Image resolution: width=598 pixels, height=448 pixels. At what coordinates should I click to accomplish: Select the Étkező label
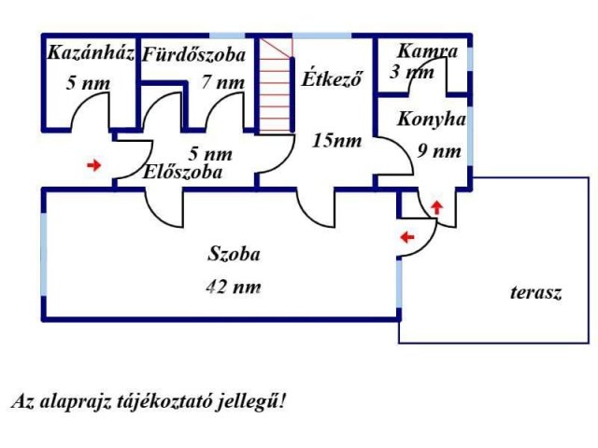point(331,77)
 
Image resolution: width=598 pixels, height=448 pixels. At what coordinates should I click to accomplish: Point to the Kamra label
point(427,50)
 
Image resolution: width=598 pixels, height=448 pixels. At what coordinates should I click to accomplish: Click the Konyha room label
point(431,119)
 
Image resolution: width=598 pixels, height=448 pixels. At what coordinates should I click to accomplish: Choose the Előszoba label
point(182,172)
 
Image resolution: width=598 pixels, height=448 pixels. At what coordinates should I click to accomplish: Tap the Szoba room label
point(234,253)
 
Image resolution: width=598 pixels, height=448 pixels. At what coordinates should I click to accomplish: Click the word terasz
point(535,292)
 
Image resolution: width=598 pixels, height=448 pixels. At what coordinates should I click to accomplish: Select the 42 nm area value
point(233,287)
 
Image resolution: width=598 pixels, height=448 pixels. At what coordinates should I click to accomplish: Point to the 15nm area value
point(336,141)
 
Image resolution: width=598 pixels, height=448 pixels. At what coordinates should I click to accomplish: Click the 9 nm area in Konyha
point(439,150)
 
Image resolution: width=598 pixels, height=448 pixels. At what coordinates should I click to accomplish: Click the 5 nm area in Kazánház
point(88,83)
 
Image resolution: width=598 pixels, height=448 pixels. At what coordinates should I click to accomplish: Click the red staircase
point(276,86)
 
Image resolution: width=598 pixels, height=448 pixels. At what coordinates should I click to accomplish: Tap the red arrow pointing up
point(436,205)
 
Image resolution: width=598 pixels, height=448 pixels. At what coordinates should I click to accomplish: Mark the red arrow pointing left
point(406,237)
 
